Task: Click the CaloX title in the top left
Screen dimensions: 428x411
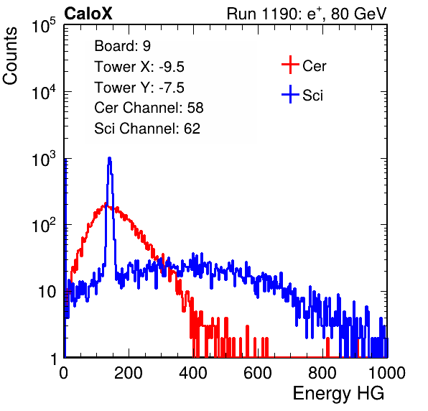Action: click(88, 14)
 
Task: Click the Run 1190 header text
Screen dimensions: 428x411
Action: click(307, 14)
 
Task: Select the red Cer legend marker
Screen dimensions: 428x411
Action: click(290, 65)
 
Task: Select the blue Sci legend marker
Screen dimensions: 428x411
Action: click(290, 94)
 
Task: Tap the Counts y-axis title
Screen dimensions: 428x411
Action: click(10, 56)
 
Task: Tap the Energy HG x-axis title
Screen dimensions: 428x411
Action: click(338, 394)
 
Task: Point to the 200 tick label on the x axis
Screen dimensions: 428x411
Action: click(129, 373)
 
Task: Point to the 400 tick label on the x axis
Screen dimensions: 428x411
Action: click(193, 373)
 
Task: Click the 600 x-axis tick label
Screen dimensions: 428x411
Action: click(258, 373)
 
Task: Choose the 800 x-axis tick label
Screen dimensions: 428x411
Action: click(322, 373)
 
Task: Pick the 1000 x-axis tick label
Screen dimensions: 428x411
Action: click(387, 373)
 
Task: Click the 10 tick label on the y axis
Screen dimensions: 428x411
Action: click(47, 292)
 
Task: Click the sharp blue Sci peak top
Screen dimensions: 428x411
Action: click(109, 158)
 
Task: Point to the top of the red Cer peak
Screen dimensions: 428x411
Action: click(106, 203)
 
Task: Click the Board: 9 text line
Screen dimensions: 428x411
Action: click(122, 46)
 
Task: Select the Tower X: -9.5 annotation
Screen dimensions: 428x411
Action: click(139, 67)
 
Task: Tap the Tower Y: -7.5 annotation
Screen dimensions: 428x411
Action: click(139, 88)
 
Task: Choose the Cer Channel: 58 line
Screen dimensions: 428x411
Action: click(149, 108)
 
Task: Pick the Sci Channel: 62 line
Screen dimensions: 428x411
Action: click(147, 129)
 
